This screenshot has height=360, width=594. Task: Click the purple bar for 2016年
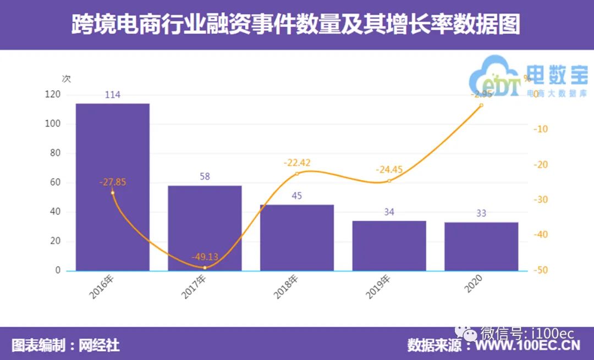click(x=112, y=187)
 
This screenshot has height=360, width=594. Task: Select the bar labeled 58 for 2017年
click(x=205, y=228)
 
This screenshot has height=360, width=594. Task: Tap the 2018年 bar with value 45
click(x=297, y=237)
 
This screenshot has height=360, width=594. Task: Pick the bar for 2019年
click(x=389, y=246)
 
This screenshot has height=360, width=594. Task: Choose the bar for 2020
click(x=481, y=246)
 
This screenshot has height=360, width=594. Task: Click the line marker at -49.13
click(x=205, y=268)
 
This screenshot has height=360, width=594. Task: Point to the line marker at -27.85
click(x=112, y=192)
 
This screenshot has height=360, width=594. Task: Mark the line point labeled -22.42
click(x=297, y=174)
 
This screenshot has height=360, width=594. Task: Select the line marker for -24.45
click(x=389, y=181)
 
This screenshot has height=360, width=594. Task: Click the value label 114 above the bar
click(x=112, y=95)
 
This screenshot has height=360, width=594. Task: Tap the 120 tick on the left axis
click(x=52, y=95)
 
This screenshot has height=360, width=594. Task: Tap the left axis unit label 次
click(x=67, y=79)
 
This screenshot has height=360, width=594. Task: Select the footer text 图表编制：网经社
click(x=65, y=345)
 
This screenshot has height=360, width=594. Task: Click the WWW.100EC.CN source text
click(x=527, y=345)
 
